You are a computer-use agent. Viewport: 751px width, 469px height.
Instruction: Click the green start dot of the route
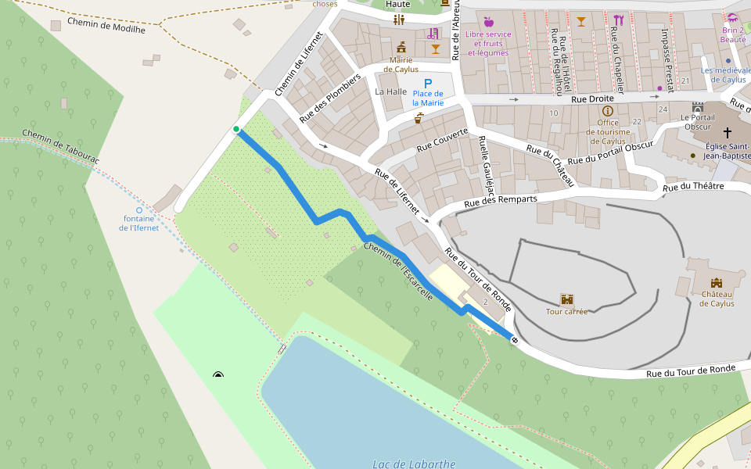pos(235,129)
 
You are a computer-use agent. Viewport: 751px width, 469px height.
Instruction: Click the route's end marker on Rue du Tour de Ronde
pos(515,340)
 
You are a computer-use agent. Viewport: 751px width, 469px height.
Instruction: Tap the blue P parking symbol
pos(427,83)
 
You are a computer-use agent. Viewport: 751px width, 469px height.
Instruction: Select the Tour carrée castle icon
pos(566,299)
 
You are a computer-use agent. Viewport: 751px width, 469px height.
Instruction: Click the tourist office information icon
pos(608,111)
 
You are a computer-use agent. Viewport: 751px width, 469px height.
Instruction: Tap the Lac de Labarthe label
pos(414,464)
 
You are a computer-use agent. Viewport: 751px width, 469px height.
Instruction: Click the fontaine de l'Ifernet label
pos(138,223)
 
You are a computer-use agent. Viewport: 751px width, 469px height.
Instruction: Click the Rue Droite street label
pos(592,99)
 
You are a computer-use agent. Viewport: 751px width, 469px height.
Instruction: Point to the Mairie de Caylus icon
pos(402,47)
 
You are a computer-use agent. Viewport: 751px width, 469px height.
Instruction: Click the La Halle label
pos(391,91)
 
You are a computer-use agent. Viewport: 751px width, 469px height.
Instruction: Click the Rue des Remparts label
pos(501,202)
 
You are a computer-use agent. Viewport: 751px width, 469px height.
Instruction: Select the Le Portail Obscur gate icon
pos(697,106)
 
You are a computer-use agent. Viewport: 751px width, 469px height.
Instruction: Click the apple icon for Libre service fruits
pos(488,22)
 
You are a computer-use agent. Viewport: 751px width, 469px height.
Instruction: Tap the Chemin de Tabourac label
pos(60,146)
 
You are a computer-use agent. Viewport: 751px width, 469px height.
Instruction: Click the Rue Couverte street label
pos(442,140)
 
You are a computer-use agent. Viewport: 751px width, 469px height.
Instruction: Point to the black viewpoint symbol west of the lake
pos(218,375)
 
